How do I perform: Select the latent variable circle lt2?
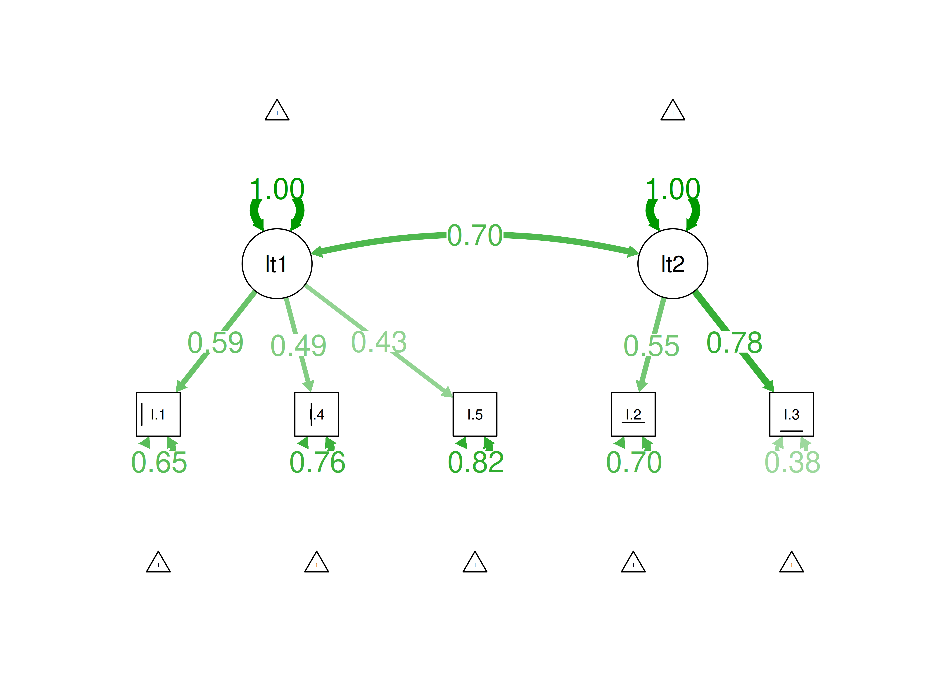pos(673,264)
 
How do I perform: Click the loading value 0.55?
pos(651,346)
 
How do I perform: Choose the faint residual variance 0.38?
pos(792,463)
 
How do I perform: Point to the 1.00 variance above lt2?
pos(673,189)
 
